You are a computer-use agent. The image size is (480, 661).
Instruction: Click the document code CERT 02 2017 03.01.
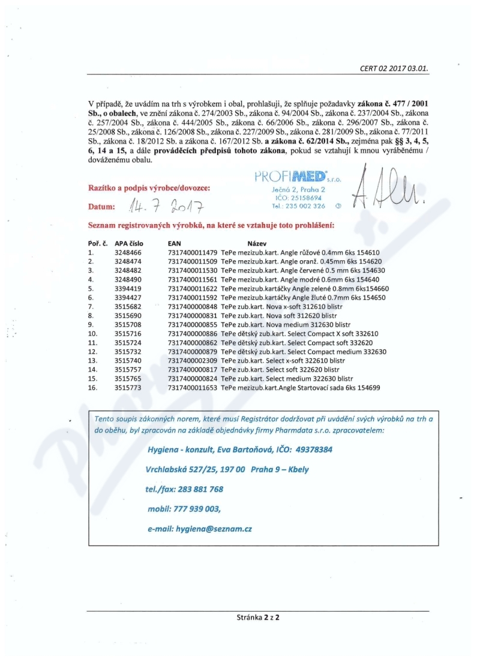pyautogui.click(x=394, y=68)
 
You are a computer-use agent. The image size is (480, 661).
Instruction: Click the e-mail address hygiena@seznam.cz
pyautogui.click(x=214, y=529)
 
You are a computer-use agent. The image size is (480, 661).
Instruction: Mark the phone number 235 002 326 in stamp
pyautogui.click(x=306, y=206)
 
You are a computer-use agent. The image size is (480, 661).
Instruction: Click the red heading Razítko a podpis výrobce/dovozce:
pyautogui.click(x=149, y=188)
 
